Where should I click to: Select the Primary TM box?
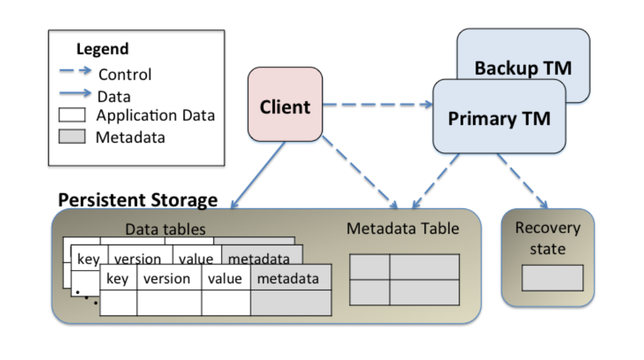pos(499,117)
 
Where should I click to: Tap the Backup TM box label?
pos(523,68)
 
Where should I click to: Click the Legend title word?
pos(102,49)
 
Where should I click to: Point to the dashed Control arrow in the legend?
pos(75,71)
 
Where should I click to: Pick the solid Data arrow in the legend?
pos(75,94)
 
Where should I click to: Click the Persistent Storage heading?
pos(138,199)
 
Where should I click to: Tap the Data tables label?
pos(165,229)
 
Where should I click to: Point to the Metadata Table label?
pos(403,228)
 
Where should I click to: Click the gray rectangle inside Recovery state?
pos(552,278)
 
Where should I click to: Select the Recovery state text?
pos(547,238)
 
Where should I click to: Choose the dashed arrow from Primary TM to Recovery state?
pos(523,180)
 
